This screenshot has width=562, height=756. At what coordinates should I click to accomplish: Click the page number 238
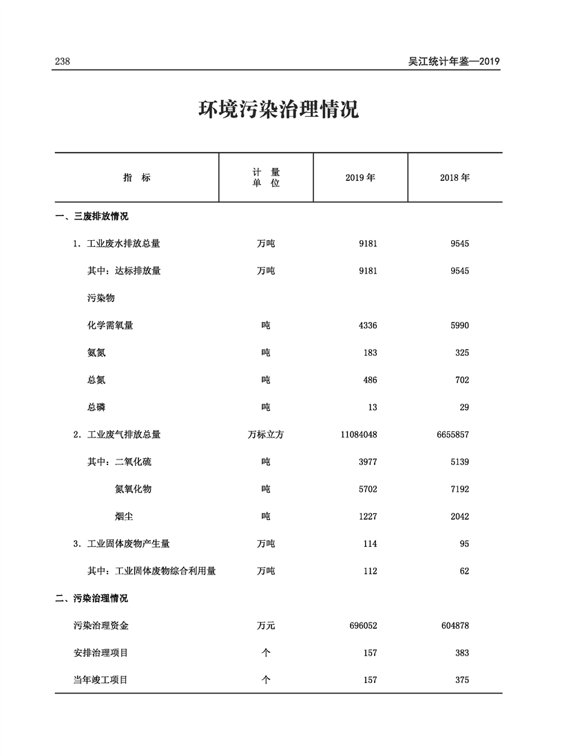(x=63, y=61)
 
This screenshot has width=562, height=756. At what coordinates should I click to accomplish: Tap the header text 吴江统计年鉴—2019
(x=453, y=61)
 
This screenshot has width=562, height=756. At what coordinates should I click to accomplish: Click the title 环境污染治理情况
(x=279, y=110)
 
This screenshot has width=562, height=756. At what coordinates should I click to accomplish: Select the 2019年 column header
(x=360, y=177)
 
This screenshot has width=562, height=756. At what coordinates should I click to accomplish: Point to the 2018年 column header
(x=455, y=177)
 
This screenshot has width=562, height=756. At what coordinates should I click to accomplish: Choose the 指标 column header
(x=136, y=177)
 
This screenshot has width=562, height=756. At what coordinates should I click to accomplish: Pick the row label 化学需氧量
(x=110, y=325)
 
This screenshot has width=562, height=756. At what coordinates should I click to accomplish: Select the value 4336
(x=368, y=325)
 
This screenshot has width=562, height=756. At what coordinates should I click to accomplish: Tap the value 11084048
(x=358, y=435)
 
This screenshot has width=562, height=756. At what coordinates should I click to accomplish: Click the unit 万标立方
(x=266, y=435)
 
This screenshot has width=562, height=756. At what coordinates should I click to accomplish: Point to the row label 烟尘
(x=124, y=517)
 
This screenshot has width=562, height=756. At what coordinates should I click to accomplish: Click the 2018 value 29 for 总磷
(x=464, y=407)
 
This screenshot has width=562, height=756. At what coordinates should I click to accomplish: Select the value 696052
(x=363, y=626)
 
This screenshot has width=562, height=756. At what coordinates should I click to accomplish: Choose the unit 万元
(x=266, y=626)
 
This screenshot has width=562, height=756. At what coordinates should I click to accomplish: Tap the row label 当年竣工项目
(x=101, y=680)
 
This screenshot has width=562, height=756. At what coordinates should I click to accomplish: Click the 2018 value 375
(x=461, y=680)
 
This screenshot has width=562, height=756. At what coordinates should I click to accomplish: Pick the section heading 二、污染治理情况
(x=92, y=598)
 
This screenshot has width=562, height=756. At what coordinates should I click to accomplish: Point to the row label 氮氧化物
(x=133, y=489)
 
